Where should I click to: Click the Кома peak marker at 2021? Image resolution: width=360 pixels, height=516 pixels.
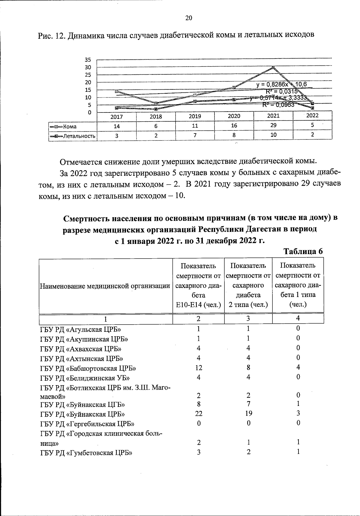click(273, 67)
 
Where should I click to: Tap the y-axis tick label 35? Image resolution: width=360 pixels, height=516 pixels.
click(88, 60)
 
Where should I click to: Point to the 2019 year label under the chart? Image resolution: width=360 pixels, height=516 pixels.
click(195, 116)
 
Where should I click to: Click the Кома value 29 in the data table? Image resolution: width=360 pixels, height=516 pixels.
click(273, 126)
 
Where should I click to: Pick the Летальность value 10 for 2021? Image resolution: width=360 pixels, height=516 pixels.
click(273, 135)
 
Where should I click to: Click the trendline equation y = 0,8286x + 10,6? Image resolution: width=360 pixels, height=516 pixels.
click(281, 85)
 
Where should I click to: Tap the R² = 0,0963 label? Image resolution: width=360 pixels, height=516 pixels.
click(278, 105)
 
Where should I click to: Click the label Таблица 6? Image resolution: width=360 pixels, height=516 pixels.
click(303, 251)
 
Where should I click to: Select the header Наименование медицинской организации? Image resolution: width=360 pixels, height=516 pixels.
click(105, 286)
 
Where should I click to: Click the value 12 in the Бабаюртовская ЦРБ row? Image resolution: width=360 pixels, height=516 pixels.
click(198, 368)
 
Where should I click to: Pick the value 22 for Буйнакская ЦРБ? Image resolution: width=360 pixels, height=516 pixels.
click(198, 414)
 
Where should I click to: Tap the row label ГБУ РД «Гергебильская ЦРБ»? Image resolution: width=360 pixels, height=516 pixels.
click(87, 424)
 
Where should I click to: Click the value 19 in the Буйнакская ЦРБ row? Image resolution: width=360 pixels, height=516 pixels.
click(248, 413)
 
